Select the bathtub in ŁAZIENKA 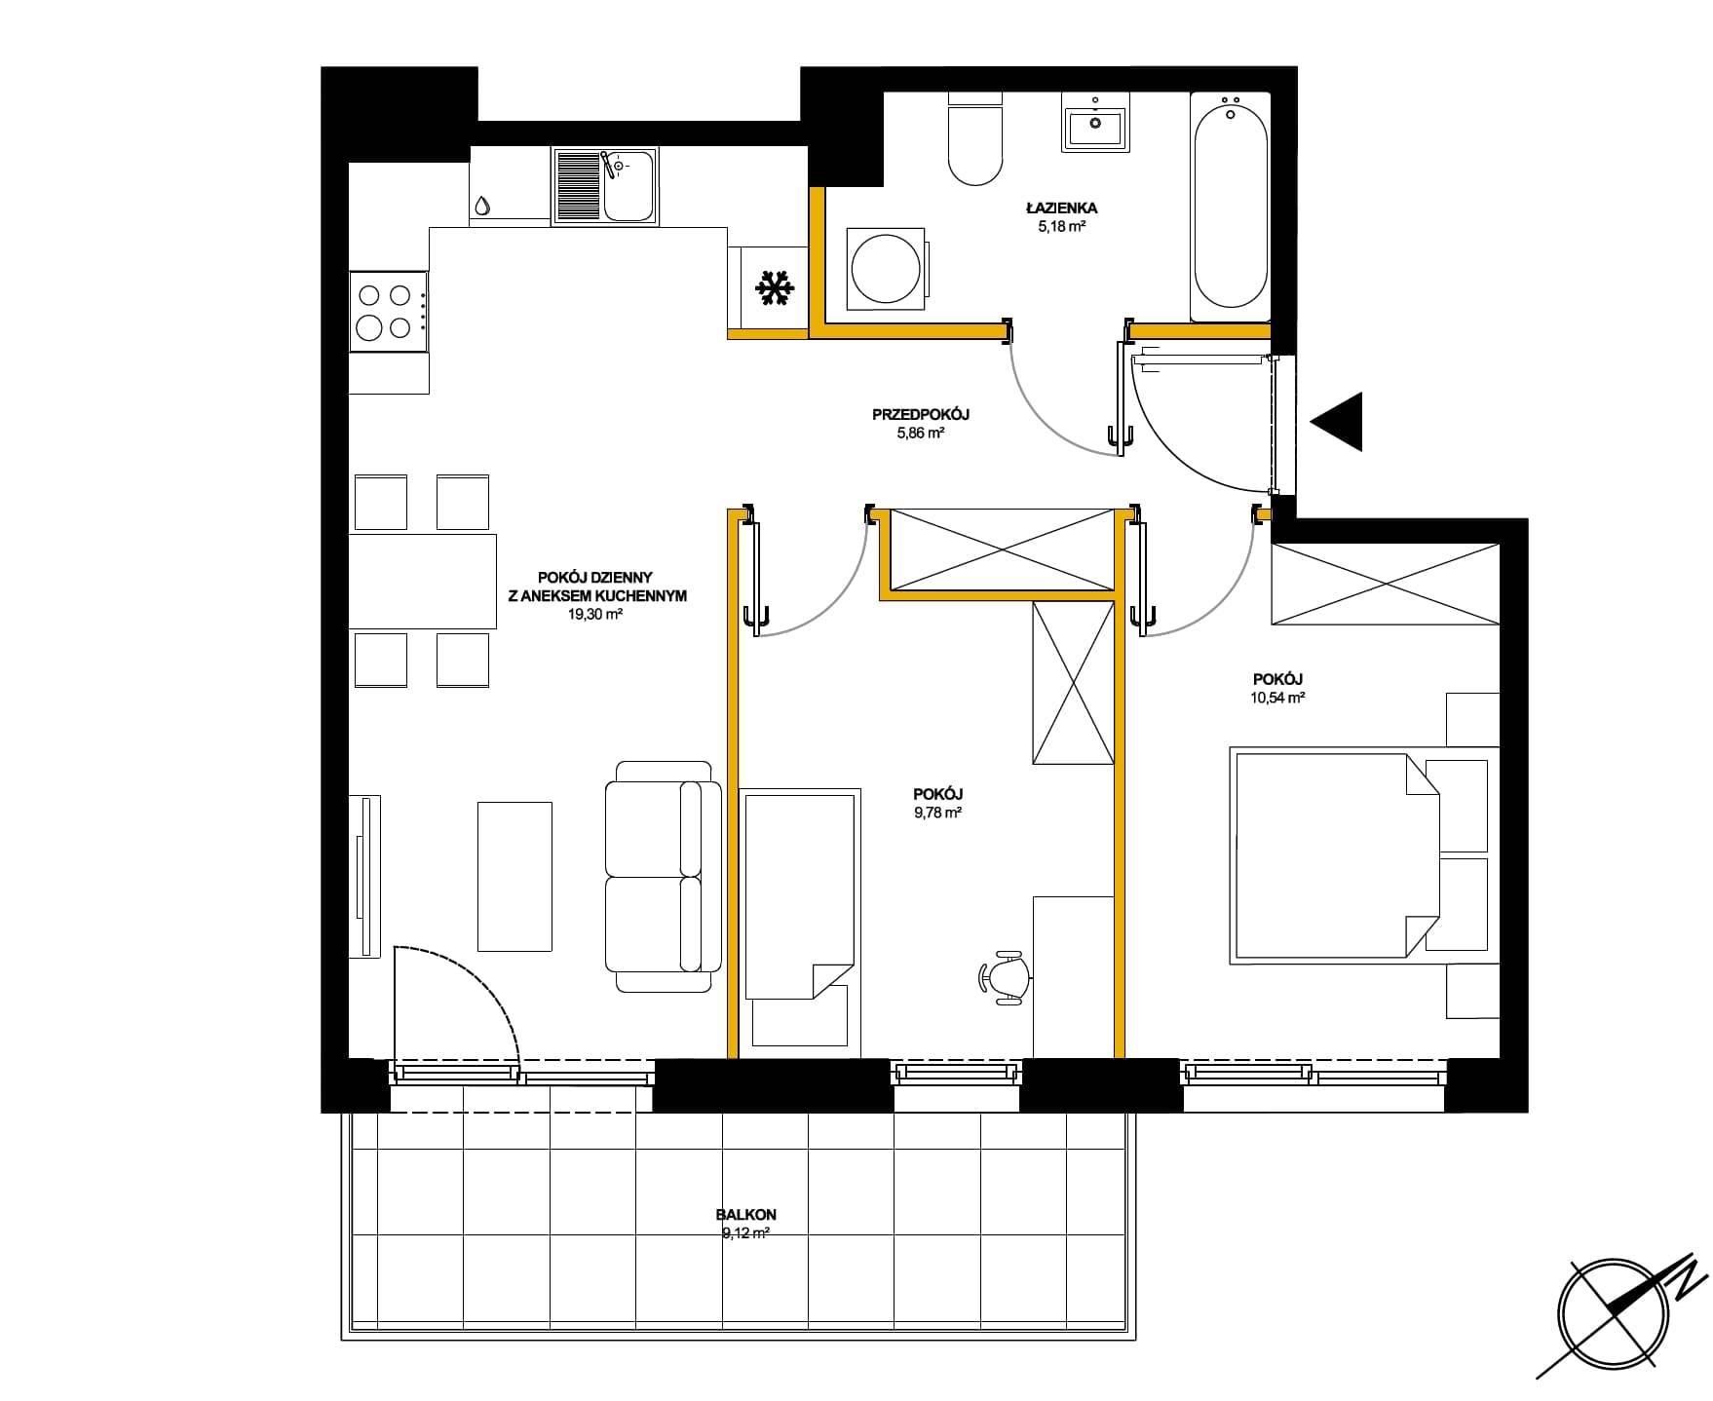click(x=1231, y=207)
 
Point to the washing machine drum click(x=884, y=268)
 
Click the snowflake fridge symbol click(x=776, y=287)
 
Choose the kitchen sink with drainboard click(x=605, y=185)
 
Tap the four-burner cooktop click(x=388, y=312)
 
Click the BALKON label click(x=745, y=1215)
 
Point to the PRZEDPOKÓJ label click(x=920, y=414)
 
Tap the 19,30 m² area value click(x=594, y=614)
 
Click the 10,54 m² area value click(x=1277, y=698)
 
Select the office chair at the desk click(x=1005, y=975)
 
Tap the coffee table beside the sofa click(x=514, y=876)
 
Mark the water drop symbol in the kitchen click(x=482, y=206)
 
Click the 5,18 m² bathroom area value click(x=1062, y=226)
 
